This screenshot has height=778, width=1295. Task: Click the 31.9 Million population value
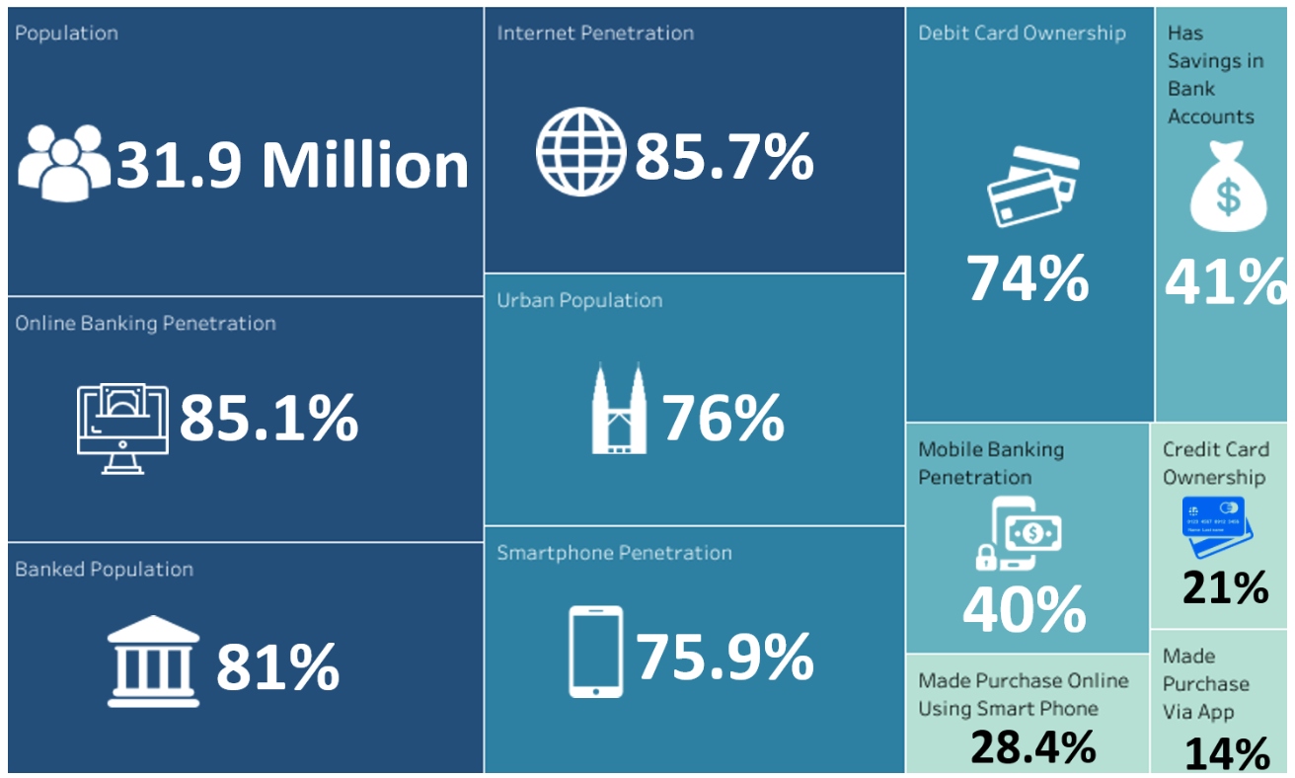point(292,165)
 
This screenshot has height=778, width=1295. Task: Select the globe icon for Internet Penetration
point(581,152)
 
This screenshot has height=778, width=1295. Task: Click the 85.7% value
point(724,156)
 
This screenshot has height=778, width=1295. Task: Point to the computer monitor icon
point(123,428)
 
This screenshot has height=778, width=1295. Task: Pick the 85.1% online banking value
point(268,419)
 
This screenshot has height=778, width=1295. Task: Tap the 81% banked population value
point(277,666)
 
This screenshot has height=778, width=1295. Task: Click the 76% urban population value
point(723,418)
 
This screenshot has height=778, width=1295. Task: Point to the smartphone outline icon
point(596,651)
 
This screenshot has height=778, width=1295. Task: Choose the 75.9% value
point(724,657)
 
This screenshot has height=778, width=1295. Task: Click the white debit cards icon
point(1031,185)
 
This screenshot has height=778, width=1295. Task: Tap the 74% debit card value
point(1028,278)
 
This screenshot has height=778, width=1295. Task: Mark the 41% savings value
point(1227,282)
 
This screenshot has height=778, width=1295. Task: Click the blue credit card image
point(1216,519)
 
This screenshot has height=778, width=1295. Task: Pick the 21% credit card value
point(1225,587)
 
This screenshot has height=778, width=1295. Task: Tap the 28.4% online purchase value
point(1032,747)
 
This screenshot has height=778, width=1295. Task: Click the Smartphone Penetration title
point(614,553)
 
